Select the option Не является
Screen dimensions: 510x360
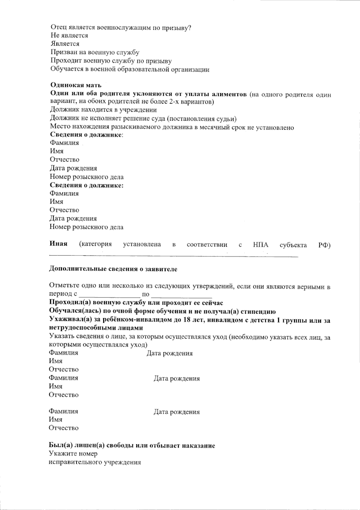(69, 35)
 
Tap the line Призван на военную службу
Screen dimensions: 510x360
(95, 52)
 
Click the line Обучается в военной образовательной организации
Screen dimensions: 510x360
(130, 69)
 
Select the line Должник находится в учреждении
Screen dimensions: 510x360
(103, 110)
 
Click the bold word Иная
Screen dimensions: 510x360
(58, 244)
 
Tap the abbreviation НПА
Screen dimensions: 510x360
(260, 245)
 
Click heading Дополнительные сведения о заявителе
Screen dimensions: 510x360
(113, 269)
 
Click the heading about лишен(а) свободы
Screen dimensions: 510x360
(132, 445)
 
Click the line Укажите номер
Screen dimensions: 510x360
(73, 454)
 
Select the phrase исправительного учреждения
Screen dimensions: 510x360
(95, 462)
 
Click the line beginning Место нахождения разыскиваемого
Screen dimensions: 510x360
(172, 127)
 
